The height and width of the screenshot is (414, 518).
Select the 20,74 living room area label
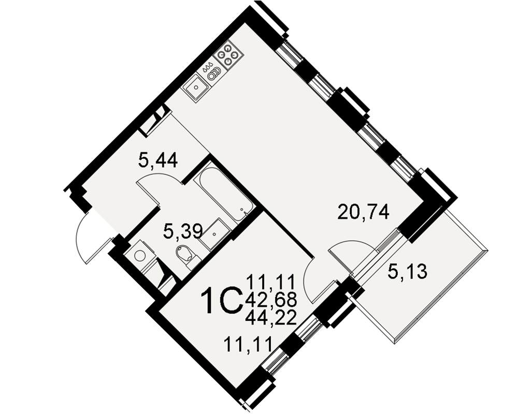tap(364, 212)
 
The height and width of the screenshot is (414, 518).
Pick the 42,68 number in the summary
tap(271, 301)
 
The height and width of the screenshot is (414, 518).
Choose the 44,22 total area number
tap(271, 318)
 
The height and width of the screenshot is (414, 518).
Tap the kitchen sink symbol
tap(196, 87)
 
